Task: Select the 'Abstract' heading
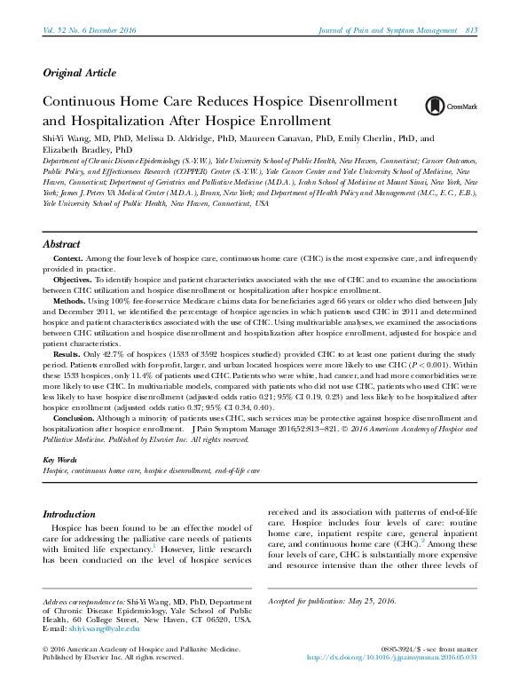click(x=61, y=244)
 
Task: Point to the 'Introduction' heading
click(x=69, y=514)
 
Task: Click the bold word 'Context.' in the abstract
click(x=72, y=257)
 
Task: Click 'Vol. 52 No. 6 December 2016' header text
click(x=90, y=31)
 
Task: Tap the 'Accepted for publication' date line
click(x=332, y=602)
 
